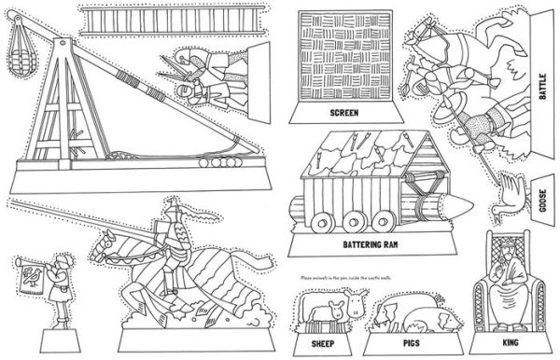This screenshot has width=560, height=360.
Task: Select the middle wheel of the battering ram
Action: click(354, 222)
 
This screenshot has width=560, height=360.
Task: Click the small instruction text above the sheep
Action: click(355, 277)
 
